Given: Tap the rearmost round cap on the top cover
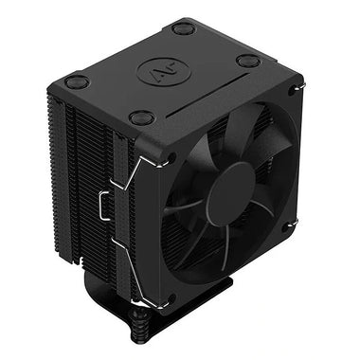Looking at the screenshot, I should tap(184, 29).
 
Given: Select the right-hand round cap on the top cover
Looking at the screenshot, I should tap(248, 62).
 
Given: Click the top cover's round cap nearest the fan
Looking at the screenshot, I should tap(142, 118).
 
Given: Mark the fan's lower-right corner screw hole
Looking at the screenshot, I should tap(290, 225).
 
